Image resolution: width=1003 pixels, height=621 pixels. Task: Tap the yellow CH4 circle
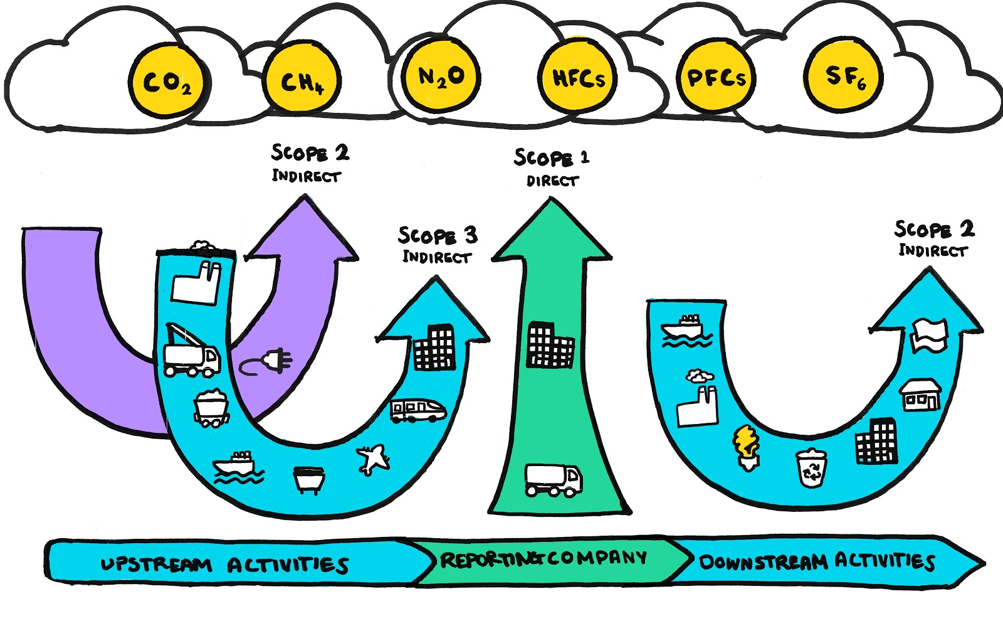click(302, 80)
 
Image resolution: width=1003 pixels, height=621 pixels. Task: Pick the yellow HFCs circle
click(578, 77)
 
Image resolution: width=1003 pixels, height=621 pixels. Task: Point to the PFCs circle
click(717, 77)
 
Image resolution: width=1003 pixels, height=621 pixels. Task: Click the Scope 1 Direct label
click(552, 167)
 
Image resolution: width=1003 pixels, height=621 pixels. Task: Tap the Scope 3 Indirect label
click(438, 245)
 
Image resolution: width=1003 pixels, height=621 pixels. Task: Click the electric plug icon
click(268, 363)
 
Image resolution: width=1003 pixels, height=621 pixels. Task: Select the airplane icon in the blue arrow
click(374, 459)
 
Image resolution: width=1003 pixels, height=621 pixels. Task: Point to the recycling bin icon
click(812, 468)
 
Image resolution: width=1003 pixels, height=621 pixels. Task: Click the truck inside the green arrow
click(553, 480)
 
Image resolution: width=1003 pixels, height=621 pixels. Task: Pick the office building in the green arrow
click(550, 345)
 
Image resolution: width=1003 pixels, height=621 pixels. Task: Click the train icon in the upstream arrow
click(417, 411)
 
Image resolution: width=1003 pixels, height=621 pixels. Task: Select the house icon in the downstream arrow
click(920, 395)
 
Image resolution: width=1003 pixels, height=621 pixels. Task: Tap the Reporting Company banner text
click(543, 558)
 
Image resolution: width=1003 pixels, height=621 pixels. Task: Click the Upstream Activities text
click(224, 565)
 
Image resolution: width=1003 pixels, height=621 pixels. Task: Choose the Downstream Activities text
click(816, 561)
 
